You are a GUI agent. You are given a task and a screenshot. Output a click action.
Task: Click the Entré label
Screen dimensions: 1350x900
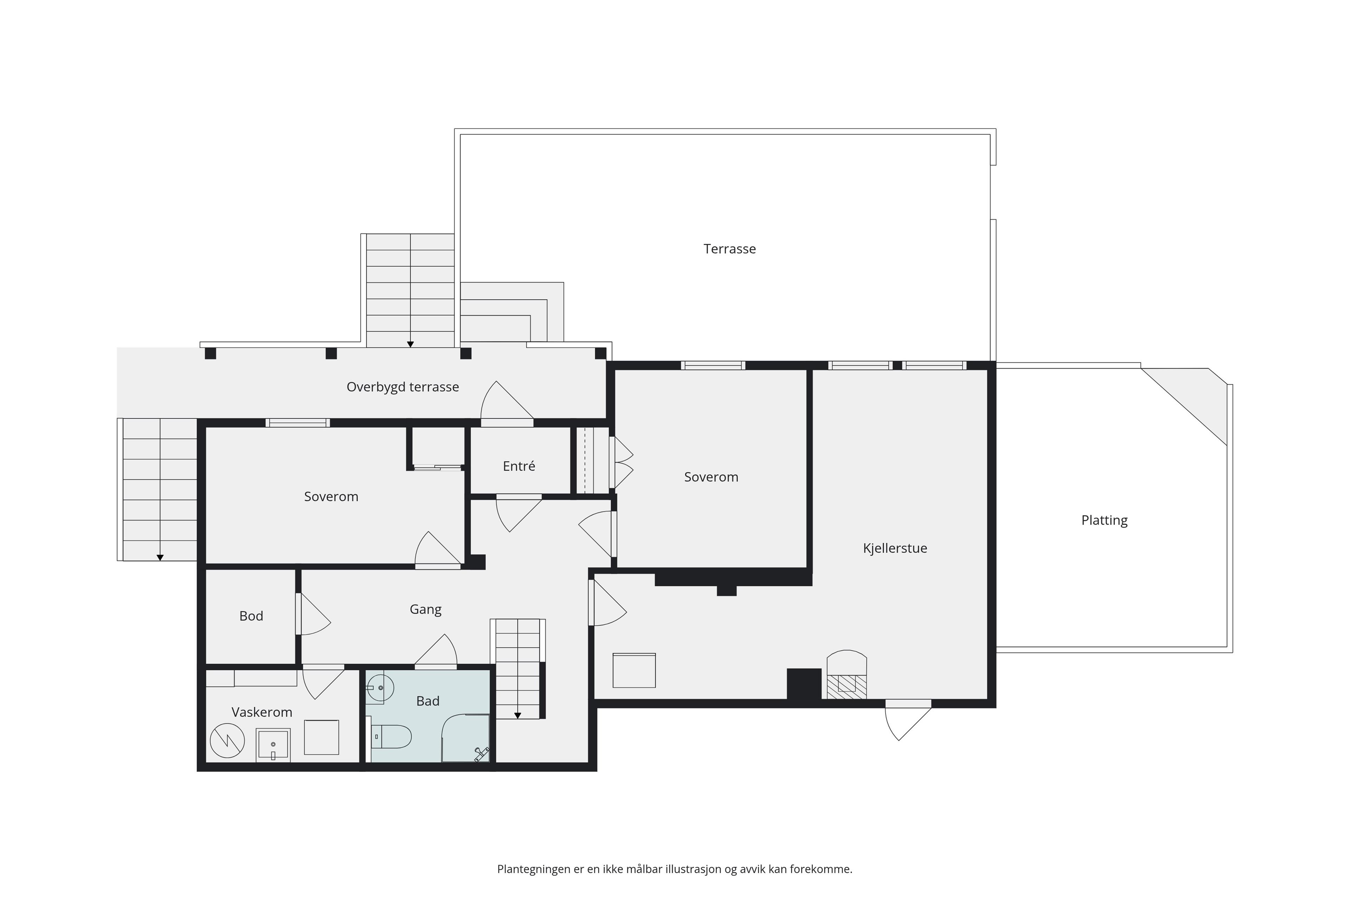point(519,466)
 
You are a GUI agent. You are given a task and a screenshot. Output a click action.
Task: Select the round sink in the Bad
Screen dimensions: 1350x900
point(380,688)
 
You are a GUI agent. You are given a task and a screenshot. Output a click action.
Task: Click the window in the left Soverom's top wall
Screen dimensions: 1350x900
point(297,423)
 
